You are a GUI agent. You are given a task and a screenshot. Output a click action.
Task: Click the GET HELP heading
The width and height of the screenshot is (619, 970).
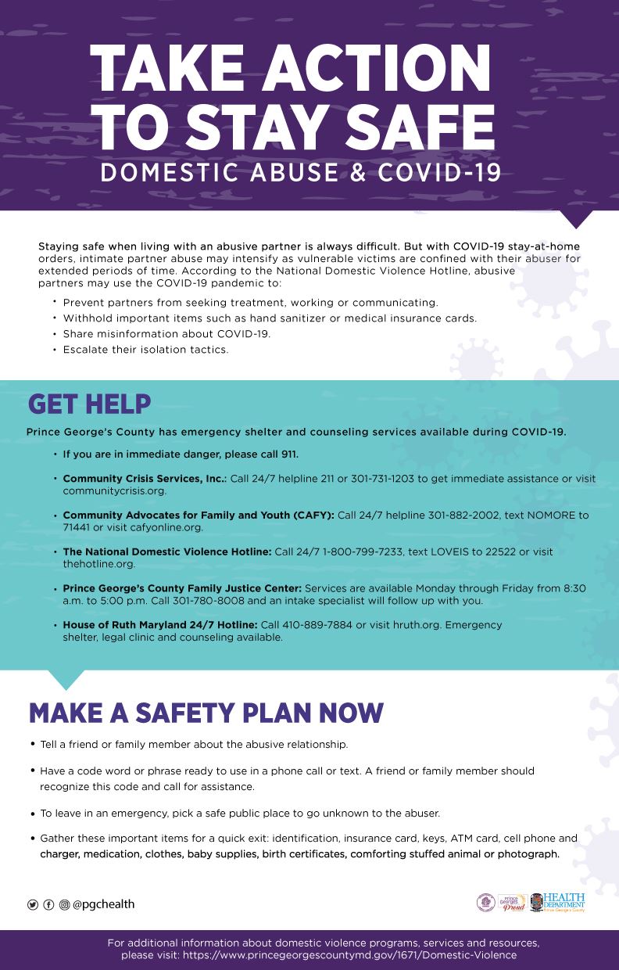89,404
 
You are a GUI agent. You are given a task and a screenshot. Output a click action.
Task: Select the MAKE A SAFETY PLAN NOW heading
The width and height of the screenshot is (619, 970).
206,712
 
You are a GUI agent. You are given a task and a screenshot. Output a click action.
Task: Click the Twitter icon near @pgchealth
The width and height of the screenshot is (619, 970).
33,904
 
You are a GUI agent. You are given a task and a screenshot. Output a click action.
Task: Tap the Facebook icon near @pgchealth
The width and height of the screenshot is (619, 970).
48,904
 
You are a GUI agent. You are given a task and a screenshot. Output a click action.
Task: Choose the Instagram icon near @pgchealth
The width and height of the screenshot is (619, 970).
64,904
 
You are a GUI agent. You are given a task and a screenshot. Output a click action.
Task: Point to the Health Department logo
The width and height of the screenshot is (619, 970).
557,903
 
